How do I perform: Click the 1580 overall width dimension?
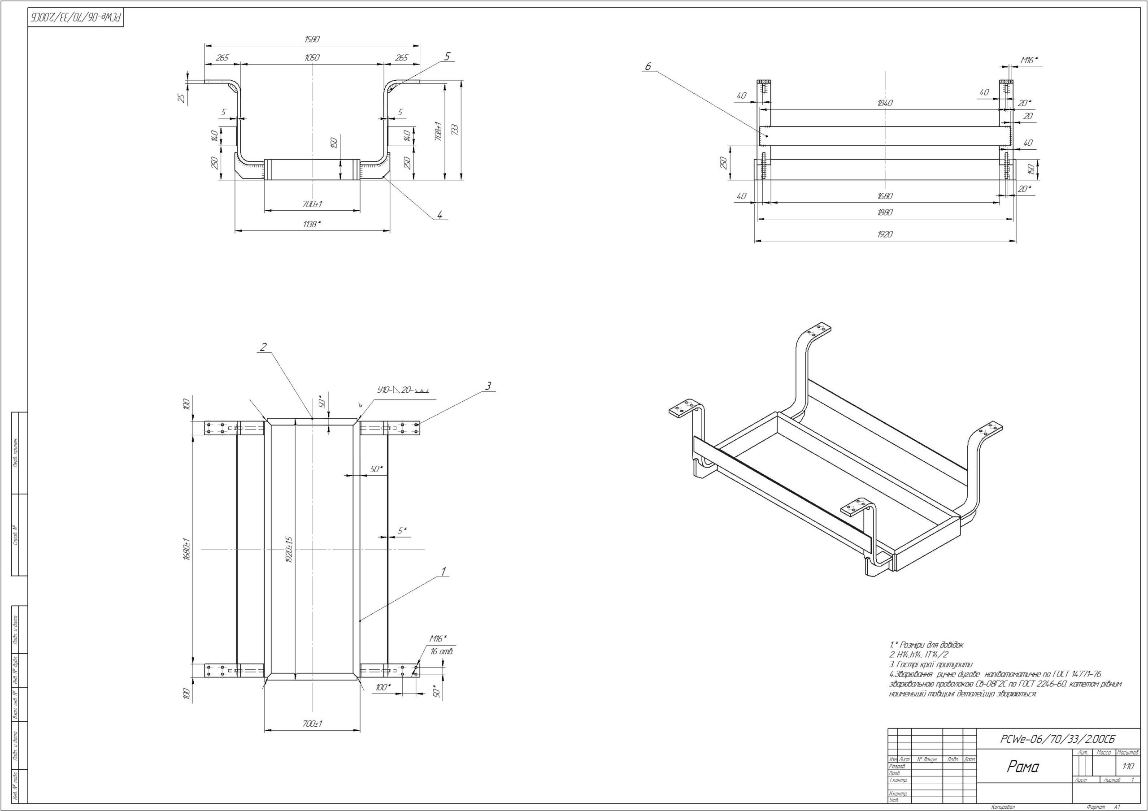312,39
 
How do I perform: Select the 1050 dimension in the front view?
312,57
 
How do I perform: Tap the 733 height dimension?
455,130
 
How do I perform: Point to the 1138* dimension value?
312,224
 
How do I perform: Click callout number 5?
447,56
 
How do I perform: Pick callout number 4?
439,215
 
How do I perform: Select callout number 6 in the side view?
648,66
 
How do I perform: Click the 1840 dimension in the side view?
884,103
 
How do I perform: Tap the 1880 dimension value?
884,212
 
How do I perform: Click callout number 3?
488,386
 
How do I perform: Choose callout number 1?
443,571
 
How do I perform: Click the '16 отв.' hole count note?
442,651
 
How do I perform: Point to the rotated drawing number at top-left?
75,17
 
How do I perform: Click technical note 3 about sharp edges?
931,664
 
